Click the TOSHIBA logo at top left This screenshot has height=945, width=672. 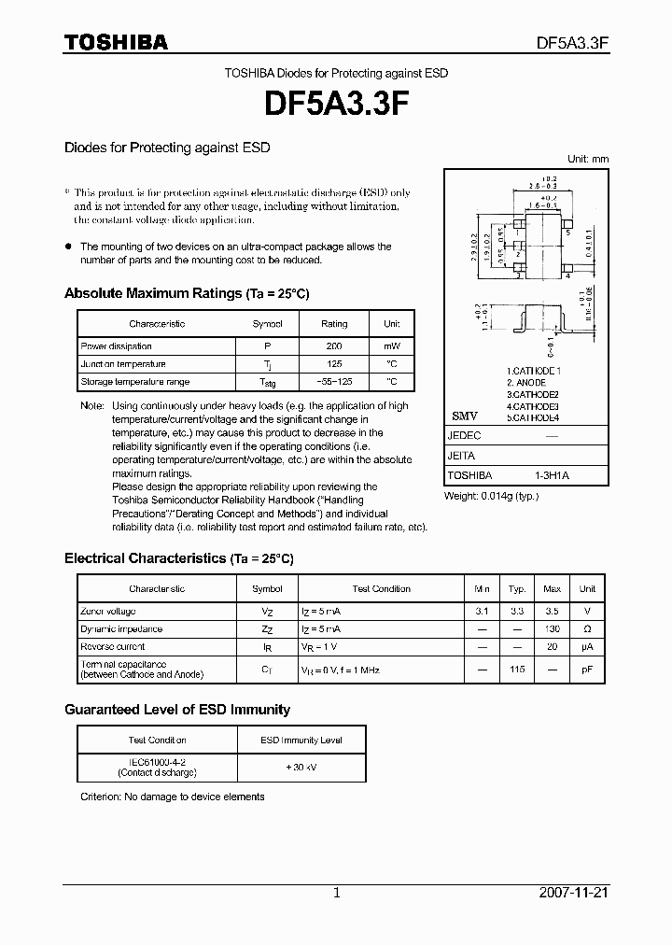click(116, 42)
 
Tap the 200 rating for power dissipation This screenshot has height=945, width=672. click(334, 346)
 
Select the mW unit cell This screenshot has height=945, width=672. click(392, 346)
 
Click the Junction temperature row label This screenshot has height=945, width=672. click(123, 364)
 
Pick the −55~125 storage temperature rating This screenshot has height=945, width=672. click(334, 382)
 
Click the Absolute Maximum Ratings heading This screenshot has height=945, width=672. click(187, 293)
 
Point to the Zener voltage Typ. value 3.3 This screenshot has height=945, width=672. click(516, 611)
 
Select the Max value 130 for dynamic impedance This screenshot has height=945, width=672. click(552, 629)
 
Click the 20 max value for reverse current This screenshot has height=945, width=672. click(552, 647)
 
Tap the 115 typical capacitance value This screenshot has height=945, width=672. click(516, 670)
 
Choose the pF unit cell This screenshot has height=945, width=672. click(587, 670)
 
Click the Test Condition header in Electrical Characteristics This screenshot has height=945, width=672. click(381, 589)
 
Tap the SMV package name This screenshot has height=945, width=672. click(464, 416)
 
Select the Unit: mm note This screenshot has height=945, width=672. click(588, 160)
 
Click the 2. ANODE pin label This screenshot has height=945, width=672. click(527, 383)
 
